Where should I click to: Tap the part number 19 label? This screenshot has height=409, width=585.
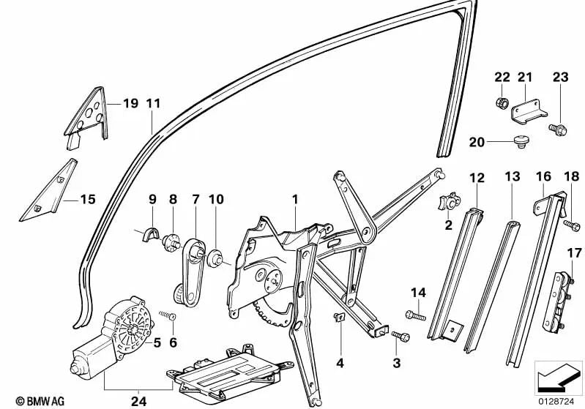pos(130,103)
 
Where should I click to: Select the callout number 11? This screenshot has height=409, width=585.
pos(152,103)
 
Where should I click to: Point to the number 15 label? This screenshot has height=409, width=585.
pos(88,198)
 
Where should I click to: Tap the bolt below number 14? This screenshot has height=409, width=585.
pos(414,315)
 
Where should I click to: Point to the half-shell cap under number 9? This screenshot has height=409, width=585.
pos(149,232)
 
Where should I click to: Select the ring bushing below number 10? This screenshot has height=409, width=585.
pos(217,258)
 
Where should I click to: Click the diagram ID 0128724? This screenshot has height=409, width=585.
pos(557,400)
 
